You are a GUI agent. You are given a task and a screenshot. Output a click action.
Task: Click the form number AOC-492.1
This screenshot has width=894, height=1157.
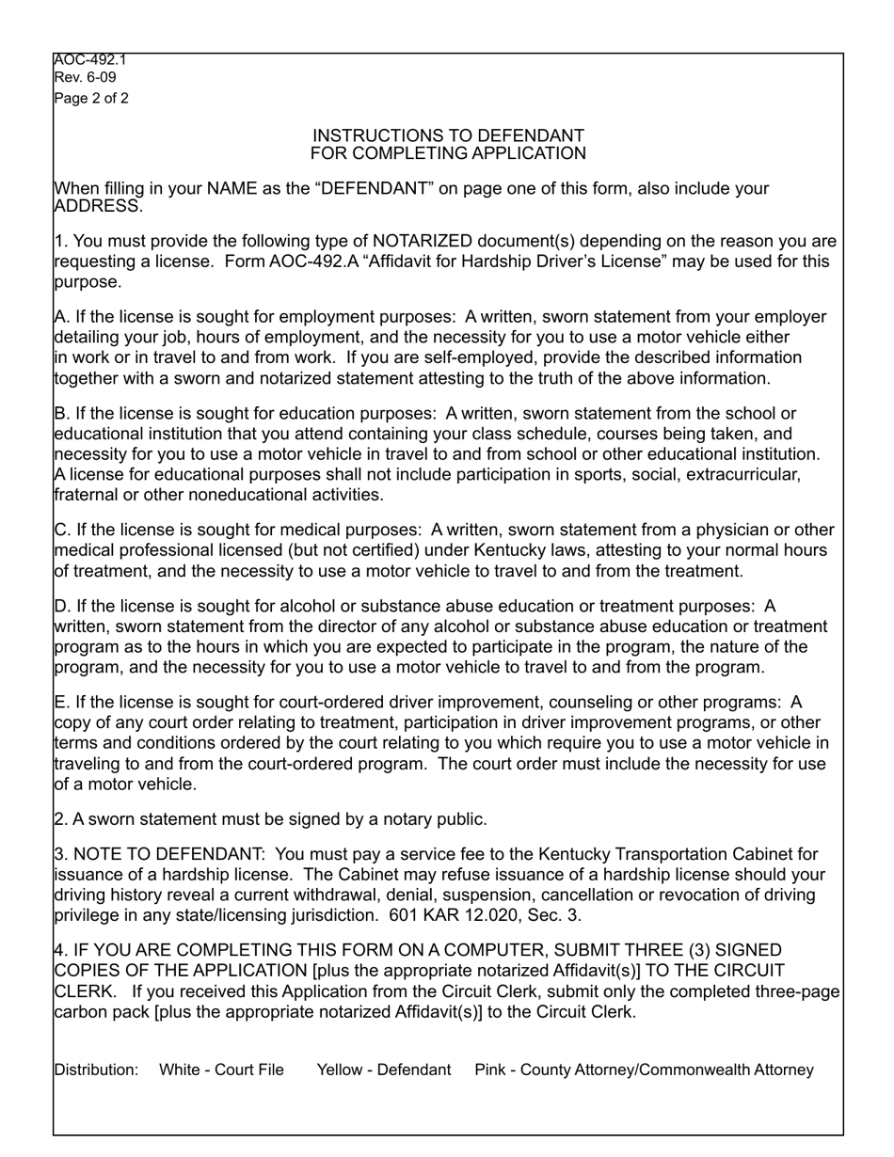coord(90,60)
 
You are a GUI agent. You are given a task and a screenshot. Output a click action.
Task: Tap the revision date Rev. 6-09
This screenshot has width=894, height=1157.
coord(86,77)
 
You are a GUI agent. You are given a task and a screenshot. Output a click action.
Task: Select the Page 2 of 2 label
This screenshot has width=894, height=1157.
coord(92,98)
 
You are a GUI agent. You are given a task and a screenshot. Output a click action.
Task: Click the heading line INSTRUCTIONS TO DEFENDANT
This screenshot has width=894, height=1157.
coord(448,135)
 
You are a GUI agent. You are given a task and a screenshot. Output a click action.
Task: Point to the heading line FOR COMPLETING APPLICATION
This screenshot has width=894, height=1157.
coord(448,153)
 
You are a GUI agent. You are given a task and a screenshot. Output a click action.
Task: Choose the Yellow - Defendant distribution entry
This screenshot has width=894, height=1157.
coord(384,1070)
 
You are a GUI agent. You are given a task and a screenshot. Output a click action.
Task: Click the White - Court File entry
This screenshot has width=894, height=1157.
coord(221,1070)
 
